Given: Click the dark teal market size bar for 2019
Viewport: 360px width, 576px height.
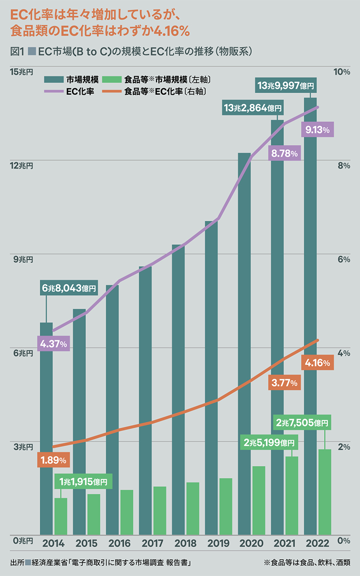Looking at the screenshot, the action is pos(211,378).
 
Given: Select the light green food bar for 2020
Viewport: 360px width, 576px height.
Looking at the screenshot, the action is pos(259,501).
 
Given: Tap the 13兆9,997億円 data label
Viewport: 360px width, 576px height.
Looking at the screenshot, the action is pos(286,85).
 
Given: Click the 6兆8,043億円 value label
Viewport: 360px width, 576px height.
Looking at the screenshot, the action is pos(69,288).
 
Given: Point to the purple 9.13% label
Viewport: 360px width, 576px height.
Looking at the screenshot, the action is pos(318,130).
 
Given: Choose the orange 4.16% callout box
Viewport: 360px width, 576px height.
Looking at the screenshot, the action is pos(318,363).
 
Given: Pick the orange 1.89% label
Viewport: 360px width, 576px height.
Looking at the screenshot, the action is pos(53,460).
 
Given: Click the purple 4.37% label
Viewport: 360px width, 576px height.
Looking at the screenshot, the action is pos(53,344).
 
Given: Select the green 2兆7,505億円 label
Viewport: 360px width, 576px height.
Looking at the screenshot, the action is pos(302,422).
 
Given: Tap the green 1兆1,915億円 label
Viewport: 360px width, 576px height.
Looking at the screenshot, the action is pos(84,481).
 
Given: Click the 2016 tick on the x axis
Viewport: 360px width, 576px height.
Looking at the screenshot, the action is pos(120,543).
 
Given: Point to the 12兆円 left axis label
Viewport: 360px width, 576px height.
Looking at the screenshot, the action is pos(22,166).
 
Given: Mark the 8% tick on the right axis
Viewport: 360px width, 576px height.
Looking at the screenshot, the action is pos(344,166).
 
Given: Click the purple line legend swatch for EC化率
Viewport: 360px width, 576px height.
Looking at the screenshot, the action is pos(54,91).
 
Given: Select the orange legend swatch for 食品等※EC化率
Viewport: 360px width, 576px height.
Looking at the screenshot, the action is pos(112,91).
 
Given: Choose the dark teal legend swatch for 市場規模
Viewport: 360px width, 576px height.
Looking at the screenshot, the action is pos(54,80).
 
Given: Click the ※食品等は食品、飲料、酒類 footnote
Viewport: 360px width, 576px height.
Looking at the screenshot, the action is pos(307,563).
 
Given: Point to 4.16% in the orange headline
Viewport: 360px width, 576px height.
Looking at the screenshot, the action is pos(171,31).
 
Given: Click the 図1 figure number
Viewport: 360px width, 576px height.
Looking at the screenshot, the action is pos(17,52).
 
